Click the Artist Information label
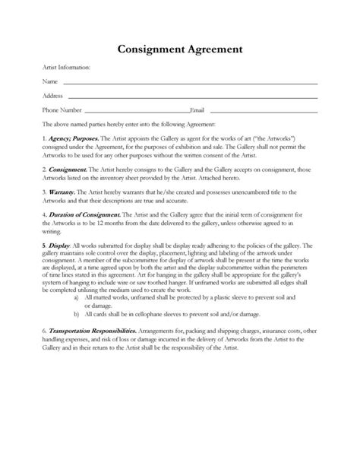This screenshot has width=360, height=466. pyautogui.click(x=66, y=68)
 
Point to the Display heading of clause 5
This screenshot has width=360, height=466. pyautogui.click(x=58, y=245)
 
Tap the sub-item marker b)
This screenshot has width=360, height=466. pyautogui.click(x=77, y=312)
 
